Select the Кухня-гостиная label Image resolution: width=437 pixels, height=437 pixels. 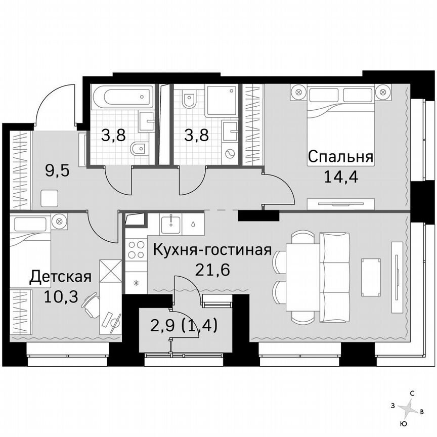pos(212,250)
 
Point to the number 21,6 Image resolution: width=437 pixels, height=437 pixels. pos(212,269)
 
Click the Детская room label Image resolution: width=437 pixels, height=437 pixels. pos(60,277)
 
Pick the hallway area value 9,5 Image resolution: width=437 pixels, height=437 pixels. pos(57,169)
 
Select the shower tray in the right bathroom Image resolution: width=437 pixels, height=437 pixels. pos(221,100)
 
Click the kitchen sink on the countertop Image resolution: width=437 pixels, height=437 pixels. pos(172,224)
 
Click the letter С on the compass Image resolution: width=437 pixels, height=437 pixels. pos(413,393)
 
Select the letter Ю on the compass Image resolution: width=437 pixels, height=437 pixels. pos(403,423)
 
